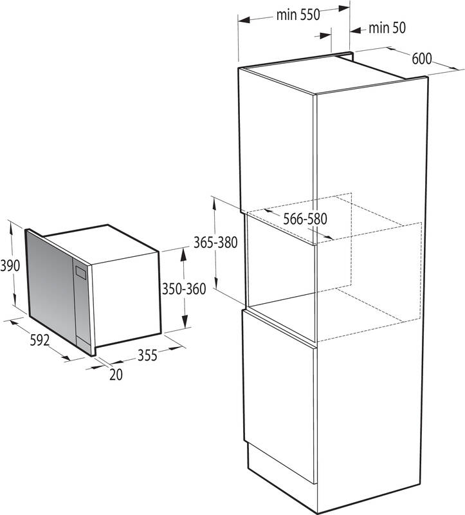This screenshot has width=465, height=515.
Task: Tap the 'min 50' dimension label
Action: (x=388, y=28)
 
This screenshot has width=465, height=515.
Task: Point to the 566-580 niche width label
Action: (x=305, y=218)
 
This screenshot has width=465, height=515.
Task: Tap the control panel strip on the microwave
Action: (x=82, y=303)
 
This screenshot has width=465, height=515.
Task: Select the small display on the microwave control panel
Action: (x=80, y=272)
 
